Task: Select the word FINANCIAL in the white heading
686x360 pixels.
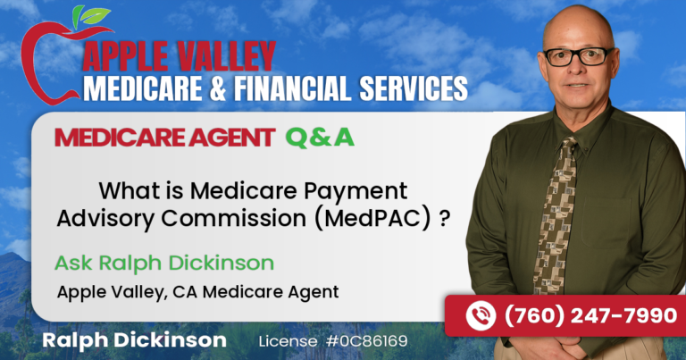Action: [x=292, y=88]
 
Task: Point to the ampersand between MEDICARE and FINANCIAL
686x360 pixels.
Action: [x=217, y=88]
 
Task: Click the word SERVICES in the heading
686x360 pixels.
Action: [x=414, y=88]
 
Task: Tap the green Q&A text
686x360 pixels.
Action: [x=320, y=138]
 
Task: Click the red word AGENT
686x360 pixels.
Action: [x=231, y=138]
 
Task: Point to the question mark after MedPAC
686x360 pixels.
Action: [x=445, y=217]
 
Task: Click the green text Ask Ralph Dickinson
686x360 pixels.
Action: [x=164, y=263]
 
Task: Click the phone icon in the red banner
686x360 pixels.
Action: [x=481, y=316]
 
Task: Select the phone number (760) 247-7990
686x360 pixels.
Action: [x=591, y=316]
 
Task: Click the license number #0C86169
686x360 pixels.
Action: [x=366, y=341]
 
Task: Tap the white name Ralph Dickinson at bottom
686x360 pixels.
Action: [x=134, y=340]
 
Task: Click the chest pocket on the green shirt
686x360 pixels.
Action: [x=607, y=223]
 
